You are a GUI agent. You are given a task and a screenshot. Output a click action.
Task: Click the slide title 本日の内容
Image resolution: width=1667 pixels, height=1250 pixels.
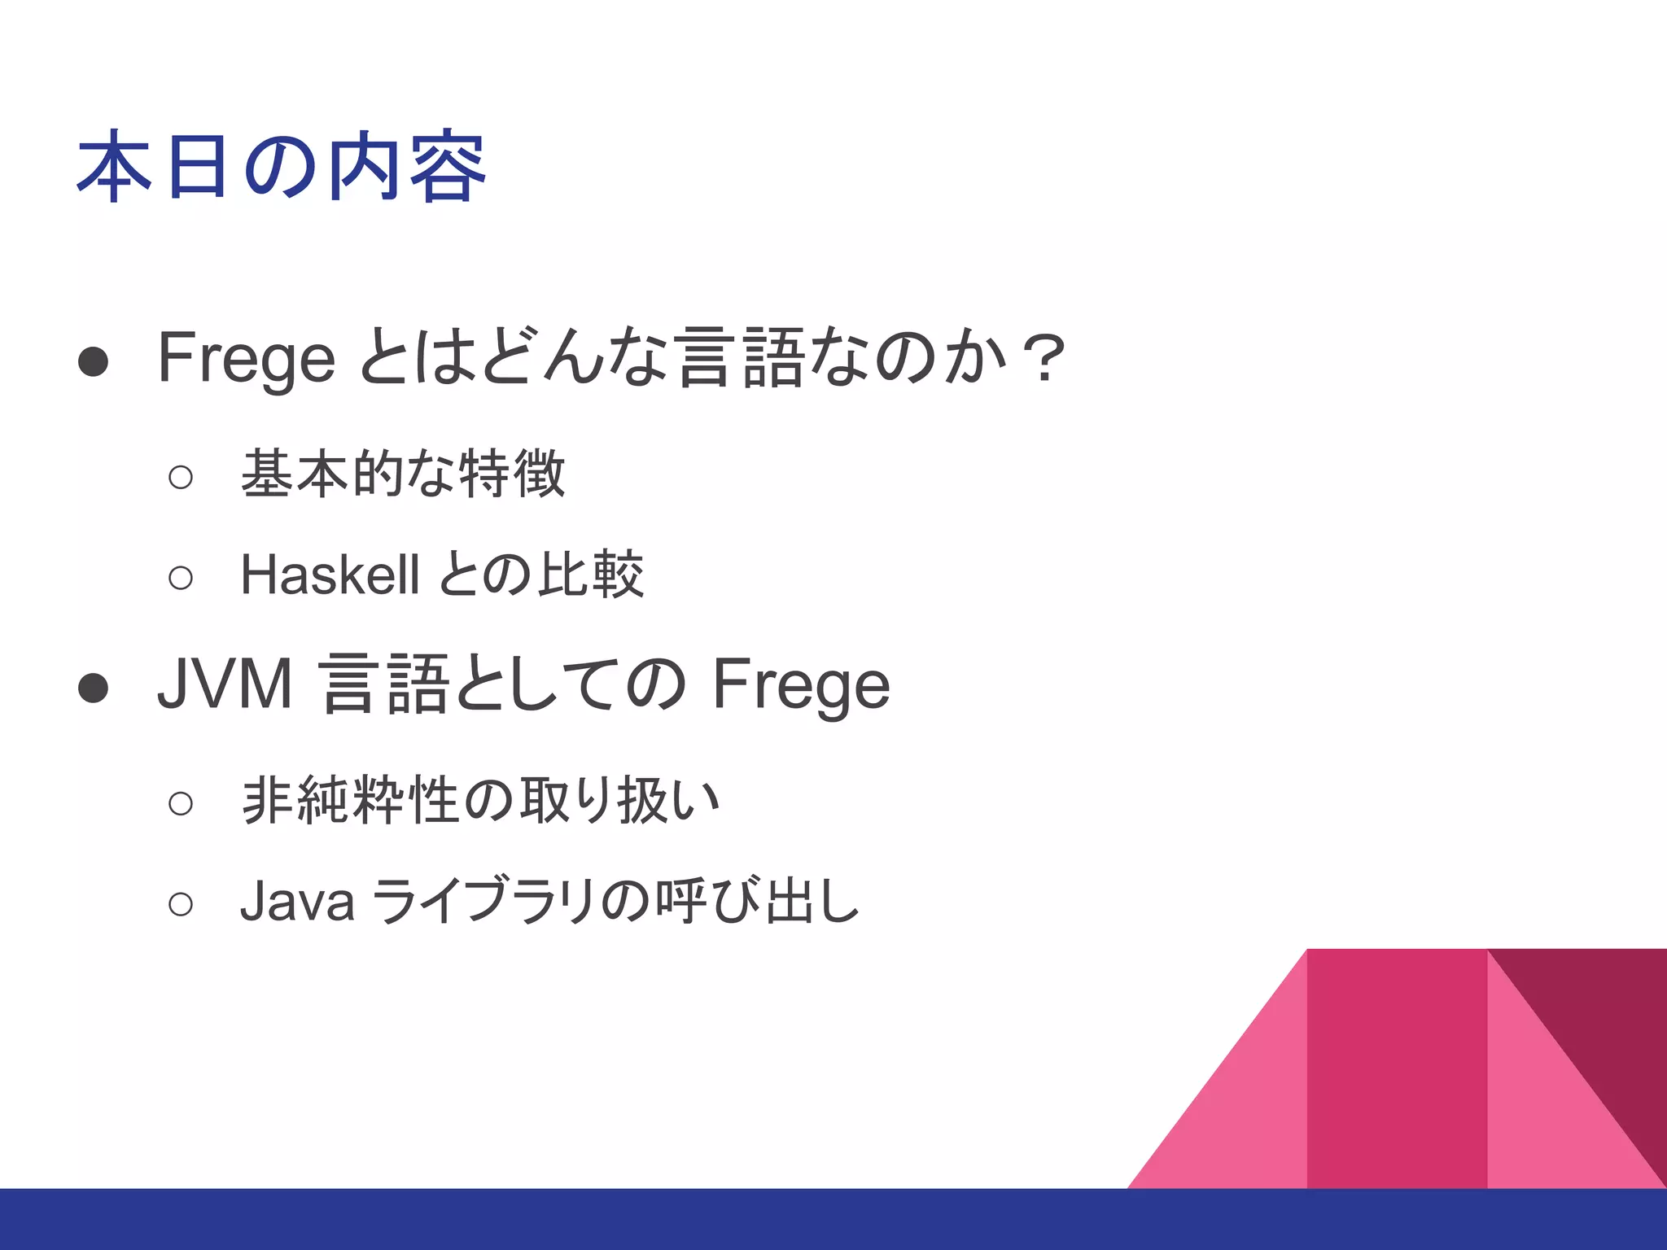pyautogui.click(x=281, y=167)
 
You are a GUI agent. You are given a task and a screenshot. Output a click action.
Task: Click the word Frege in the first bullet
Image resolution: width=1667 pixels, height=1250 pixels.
pyautogui.click(x=246, y=358)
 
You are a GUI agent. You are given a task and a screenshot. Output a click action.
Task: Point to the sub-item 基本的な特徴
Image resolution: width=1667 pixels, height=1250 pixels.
pyautogui.click(x=403, y=474)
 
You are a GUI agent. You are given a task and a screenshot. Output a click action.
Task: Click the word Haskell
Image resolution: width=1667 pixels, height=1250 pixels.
pyautogui.click(x=330, y=575)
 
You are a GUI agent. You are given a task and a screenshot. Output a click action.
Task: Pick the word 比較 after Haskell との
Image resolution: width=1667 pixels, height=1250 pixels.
pyautogui.click(x=592, y=575)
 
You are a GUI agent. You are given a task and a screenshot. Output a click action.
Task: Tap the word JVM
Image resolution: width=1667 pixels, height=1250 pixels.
pyautogui.click(x=225, y=684)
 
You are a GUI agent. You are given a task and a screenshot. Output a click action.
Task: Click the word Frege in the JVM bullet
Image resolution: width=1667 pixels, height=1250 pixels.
pyautogui.click(x=801, y=684)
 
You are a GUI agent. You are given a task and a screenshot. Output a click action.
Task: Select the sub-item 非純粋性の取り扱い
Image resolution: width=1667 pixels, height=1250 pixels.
pyautogui.click(x=480, y=801)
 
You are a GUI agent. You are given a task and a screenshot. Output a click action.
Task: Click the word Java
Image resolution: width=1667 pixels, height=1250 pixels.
pyautogui.click(x=297, y=901)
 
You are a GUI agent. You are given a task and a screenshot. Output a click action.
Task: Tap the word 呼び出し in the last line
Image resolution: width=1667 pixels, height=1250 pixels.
pyautogui.click(x=757, y=901)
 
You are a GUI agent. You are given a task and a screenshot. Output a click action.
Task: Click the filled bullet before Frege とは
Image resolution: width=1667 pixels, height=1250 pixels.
pyautogui.click(x=94, y=362)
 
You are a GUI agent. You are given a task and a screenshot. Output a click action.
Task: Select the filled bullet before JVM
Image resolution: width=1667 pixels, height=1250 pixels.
pyautogui.click(x=94, y=688)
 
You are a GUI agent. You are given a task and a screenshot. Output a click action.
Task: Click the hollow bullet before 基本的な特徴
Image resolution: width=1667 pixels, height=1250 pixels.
pyautogui.click(x=181, y=477)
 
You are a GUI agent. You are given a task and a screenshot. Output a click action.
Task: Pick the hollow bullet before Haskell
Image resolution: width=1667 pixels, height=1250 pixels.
pyautogui.click(x=181, y=578)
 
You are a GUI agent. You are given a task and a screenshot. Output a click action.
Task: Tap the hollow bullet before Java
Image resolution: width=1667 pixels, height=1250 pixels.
pyautogui.click(x=181, y=904)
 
